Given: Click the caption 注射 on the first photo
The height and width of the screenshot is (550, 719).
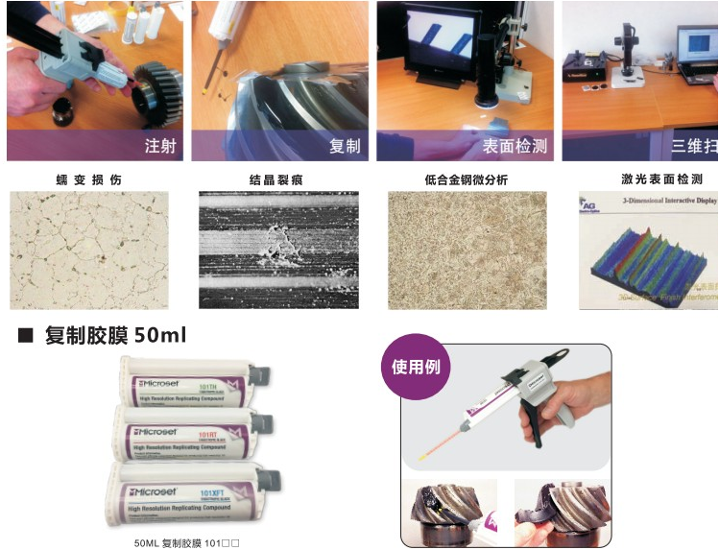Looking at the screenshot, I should (159, 146).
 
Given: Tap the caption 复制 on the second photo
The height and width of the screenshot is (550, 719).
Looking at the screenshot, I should (345, 146).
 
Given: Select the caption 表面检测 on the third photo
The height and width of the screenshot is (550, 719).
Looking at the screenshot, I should (515, 146).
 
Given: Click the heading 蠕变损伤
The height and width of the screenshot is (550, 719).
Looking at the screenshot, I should (89, 179).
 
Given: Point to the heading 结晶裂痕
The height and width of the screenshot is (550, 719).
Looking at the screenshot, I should (276, 179).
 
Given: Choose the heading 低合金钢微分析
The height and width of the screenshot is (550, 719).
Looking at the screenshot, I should (466, 179).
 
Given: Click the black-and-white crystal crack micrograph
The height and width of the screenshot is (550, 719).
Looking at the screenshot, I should (278, 250).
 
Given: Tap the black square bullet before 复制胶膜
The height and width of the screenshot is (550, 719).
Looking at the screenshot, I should (26, 336).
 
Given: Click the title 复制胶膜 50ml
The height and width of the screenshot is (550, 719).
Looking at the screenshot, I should (115, 336).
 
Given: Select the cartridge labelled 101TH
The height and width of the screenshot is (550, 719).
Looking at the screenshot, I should (187, 384).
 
